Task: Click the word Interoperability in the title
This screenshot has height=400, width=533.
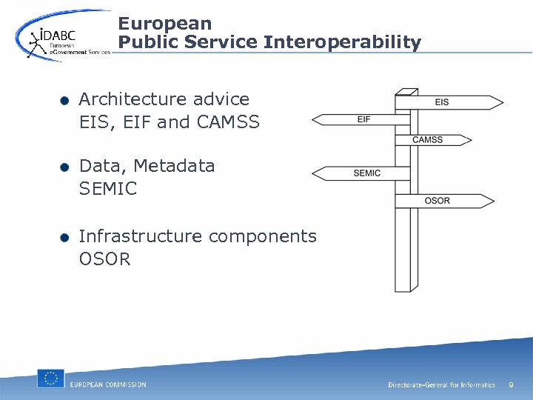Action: tap(342, 43)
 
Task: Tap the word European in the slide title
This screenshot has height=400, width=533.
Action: tap(164, 24)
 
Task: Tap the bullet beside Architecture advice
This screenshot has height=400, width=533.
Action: tap(65, 101)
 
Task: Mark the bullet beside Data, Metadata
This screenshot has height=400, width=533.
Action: tap(65, 167)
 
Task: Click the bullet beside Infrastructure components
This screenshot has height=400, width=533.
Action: tap(65, 238)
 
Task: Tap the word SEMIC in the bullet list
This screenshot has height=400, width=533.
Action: tap(108, 189)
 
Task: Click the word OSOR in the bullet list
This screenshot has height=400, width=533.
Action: tap(104, 259)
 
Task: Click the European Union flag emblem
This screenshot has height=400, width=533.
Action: tap(51, 379)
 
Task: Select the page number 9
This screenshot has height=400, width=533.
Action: tap(511, 384)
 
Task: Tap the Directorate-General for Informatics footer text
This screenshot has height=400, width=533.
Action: tap(441, 385)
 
